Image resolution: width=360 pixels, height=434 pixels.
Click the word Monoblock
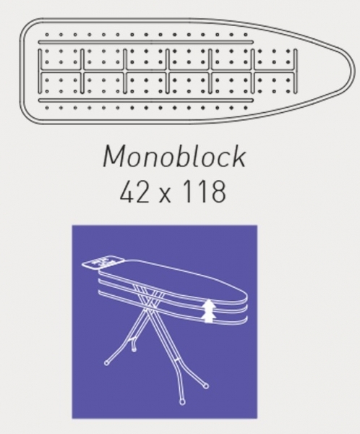(174, 156)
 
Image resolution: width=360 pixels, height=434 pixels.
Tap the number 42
(132, 192)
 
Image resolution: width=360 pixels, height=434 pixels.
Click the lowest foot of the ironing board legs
(181, 401)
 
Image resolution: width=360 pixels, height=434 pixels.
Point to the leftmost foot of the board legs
(106, 362)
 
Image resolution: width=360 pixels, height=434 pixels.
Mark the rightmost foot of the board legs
(206, 386)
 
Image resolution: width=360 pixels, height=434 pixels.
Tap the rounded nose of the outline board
(354, 70)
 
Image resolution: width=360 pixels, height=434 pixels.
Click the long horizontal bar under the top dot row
(146, 42)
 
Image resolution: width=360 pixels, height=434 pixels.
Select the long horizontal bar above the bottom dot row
(146, 100)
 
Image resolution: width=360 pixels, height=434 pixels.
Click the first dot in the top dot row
(47, 35)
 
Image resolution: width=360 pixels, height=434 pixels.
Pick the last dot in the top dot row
(246, 35)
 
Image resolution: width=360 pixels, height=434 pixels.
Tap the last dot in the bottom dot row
(246, 108)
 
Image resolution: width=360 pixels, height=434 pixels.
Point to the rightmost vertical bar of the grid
(296, 71)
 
